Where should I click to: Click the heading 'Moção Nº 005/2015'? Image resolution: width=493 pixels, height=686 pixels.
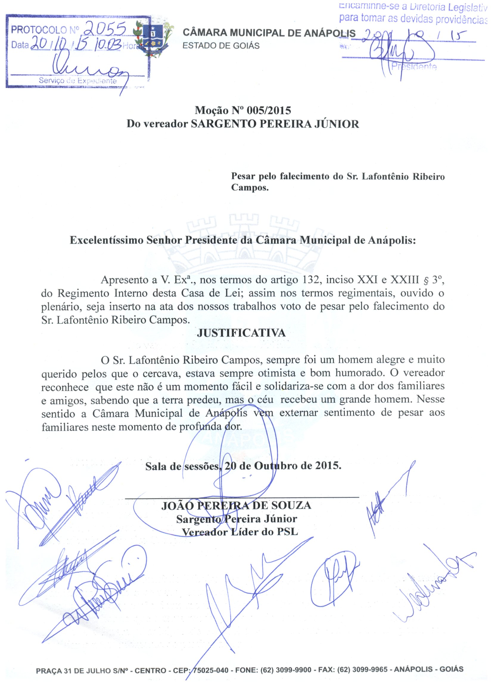[x=242, y=111]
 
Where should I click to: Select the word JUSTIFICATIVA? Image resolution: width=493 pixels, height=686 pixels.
[x=241, y=333]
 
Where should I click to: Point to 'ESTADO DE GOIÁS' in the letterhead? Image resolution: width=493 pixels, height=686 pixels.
[x=221, y=46]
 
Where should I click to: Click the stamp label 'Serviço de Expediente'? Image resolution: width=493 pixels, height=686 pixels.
[x=77, y=81]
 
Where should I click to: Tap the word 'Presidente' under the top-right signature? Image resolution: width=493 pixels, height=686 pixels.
[x=414, y=67]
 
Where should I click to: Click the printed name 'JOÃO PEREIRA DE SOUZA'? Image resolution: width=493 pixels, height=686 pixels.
[x=236, y=505]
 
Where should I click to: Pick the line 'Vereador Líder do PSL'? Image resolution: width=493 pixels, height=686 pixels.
[x=239, y=532]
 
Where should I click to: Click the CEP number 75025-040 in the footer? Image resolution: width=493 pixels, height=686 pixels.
[x=211, y=670]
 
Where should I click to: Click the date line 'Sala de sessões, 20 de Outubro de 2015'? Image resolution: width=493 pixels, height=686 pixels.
[x=243, y=466]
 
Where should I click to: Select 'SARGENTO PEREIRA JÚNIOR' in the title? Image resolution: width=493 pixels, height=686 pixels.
[x=275, y=124]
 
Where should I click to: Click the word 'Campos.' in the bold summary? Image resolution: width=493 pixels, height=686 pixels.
[x=250, y=188]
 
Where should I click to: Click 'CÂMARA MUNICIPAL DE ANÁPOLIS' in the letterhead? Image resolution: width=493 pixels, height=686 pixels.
[x=269, y=33]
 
